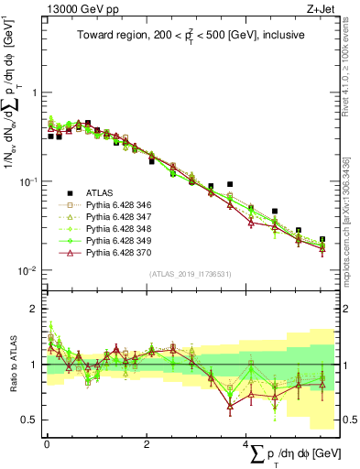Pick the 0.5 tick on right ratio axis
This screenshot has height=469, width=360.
[x=348, y=420]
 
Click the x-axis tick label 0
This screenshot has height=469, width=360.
[x=46, y=444]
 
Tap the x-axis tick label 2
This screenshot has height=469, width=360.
[x=146, y=444]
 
